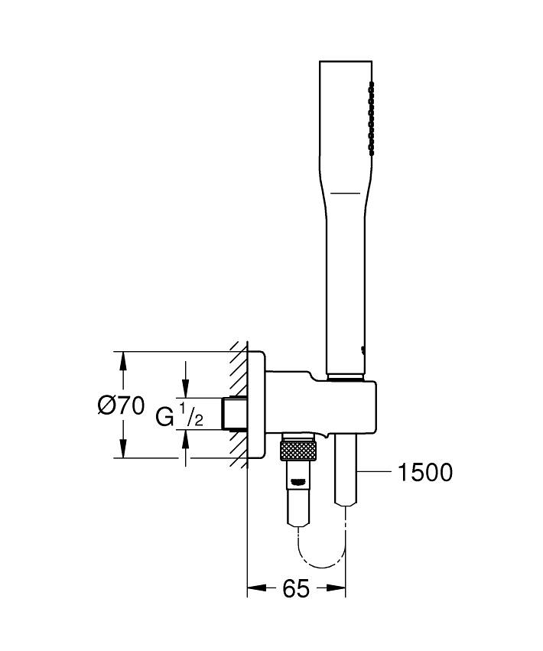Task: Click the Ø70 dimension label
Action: pos(122,405)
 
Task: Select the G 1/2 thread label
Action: pos(179,414)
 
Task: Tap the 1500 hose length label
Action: pos(425,472)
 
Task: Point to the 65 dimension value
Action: pos(296,588)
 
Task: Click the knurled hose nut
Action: pos(298,451)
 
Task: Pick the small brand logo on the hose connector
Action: pos(299,482)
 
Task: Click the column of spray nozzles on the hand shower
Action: pos(371,119)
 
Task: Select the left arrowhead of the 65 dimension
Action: pos(256,588)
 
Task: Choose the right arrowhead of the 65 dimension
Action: pos(337,588)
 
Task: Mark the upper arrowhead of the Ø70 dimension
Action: pos(122,361)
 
